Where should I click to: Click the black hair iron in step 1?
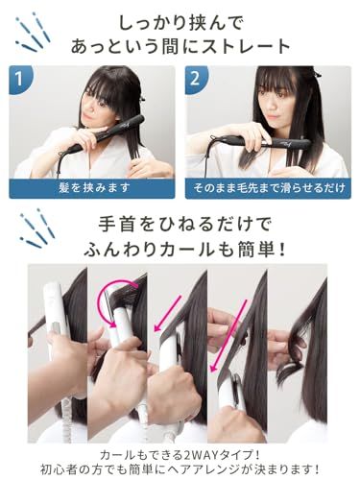110,133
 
